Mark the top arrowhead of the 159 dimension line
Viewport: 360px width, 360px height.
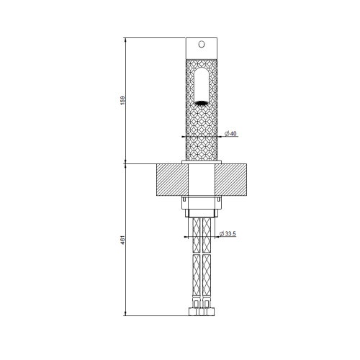pos(125,39)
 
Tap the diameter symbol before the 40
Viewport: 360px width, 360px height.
pos(226,135)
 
